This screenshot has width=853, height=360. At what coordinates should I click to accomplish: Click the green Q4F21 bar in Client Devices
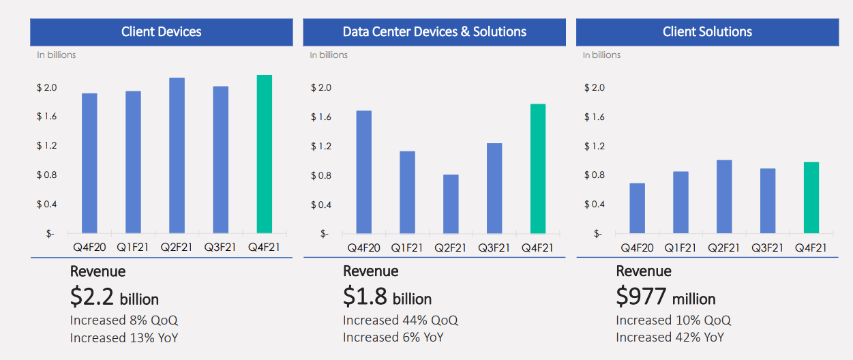264,154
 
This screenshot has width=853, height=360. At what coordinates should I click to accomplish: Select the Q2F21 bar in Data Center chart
451,204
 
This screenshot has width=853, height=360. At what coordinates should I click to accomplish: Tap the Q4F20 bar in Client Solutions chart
637,208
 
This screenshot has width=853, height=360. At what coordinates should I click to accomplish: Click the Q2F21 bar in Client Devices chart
177,155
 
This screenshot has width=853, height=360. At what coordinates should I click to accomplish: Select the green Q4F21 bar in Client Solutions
811,198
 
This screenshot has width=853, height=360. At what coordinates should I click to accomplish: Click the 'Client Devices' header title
161,32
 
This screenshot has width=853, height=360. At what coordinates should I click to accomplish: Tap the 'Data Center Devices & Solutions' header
434,32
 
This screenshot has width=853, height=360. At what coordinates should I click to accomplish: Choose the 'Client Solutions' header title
707,32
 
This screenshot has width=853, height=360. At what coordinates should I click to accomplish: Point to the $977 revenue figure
665,298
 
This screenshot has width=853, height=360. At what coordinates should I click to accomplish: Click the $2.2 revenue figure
114,298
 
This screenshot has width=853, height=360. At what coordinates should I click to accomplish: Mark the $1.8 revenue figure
387,298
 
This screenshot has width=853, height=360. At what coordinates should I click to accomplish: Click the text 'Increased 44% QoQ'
400,320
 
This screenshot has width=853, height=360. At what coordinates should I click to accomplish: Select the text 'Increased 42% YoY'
670,337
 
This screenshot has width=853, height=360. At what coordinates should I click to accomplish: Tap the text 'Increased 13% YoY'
124,337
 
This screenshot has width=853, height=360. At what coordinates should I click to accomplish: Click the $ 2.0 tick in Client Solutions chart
594,88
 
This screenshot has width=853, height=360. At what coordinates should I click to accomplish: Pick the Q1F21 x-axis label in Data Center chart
407,247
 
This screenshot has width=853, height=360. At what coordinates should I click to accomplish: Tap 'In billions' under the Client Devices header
56,55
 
